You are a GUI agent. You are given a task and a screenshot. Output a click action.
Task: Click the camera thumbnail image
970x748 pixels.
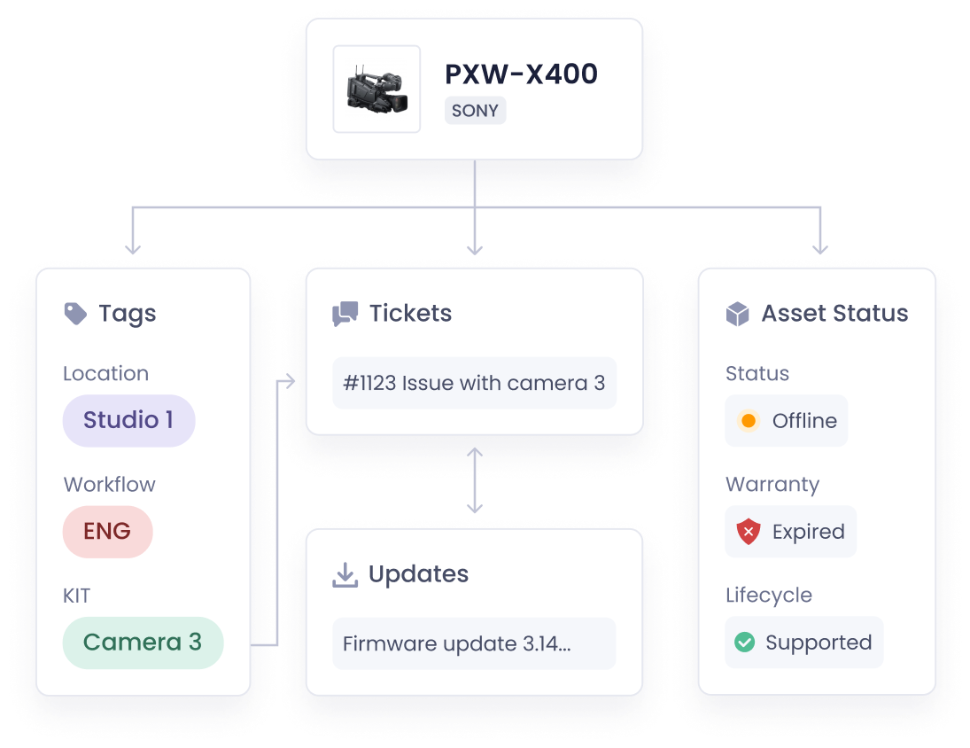coord(376,89)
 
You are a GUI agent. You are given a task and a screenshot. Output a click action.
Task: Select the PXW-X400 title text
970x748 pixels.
coord(521,74)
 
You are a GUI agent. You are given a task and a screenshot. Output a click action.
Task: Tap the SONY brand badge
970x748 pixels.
coord(475,111)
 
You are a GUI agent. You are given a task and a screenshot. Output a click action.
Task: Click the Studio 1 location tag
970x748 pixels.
coord(128,420)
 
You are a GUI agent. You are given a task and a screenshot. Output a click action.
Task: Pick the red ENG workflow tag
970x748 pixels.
coord(107,532)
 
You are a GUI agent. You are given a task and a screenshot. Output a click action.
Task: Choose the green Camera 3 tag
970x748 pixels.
coord(143,643)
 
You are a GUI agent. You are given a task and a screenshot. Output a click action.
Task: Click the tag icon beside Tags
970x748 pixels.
coord(76,313)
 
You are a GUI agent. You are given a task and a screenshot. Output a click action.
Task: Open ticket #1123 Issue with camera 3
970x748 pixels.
coord(474,383)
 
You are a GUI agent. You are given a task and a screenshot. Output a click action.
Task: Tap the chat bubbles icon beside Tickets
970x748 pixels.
coord(345,314)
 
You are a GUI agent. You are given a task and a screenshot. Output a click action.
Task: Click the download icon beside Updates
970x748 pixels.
coord(345,574)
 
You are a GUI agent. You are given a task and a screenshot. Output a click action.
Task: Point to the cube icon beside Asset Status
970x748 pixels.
coord(737,314)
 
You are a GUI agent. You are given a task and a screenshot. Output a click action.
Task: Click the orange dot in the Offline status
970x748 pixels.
coord(749,421)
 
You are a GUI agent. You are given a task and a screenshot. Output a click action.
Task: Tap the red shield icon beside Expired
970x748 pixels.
coord(749,532)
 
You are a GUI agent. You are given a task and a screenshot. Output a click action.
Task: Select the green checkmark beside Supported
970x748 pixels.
coord(745,643)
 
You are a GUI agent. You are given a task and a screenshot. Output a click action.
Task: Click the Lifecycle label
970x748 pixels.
coord(768,595)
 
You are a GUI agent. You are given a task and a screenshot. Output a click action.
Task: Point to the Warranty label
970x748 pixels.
coord(772,484)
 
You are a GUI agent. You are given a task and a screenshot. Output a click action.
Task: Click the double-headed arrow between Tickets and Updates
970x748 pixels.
coord(475,480)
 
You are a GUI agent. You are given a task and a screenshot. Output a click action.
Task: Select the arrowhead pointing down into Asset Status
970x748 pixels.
coord(820,247)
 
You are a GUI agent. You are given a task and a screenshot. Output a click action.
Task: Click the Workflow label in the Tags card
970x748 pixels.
coord(109,484)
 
